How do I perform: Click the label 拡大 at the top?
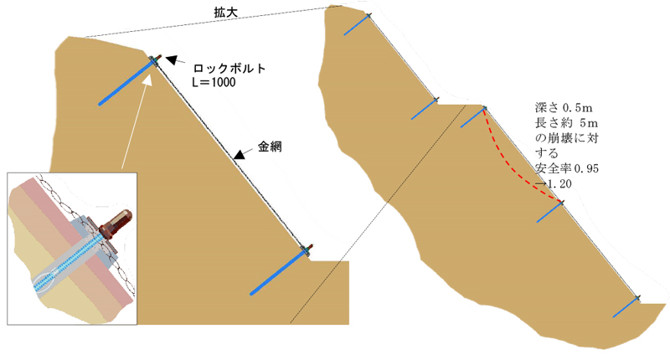(x=225, y=12)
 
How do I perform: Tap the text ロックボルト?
(x=229, y=69)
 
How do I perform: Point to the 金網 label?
(x=270, y=147)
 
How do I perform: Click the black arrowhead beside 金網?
(x=240, y=155)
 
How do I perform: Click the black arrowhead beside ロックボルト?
(x=172, y=59)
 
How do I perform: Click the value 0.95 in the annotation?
(x=586, y=168)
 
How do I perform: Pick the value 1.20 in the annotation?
(x=559, y=184)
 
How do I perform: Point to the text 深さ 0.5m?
(x=564, y=108)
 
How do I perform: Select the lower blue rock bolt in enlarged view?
(x=279, y=273)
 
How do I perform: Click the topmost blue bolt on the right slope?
(x=357, y=25)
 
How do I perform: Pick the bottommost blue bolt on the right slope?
(x=626, y=307)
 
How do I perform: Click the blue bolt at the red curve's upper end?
(x=473, y=117)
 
